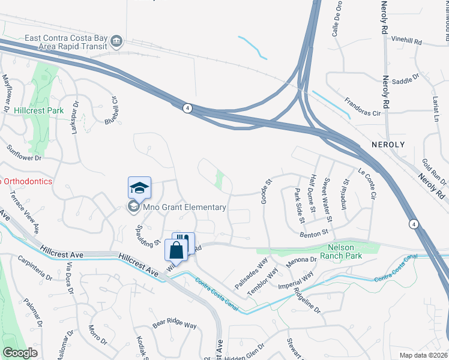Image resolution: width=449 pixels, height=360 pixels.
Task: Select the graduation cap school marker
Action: (x=139, y=188)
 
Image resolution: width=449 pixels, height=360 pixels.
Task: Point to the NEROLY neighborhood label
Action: (x=388, y=145)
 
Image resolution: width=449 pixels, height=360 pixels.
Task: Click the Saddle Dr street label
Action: (x=405, y=80)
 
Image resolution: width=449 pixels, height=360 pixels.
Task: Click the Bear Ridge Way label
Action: (x=174, y=325)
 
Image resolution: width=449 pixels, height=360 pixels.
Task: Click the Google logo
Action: (x=20, y=352)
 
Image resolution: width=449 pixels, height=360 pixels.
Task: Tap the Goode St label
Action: (x=265, y=190)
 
